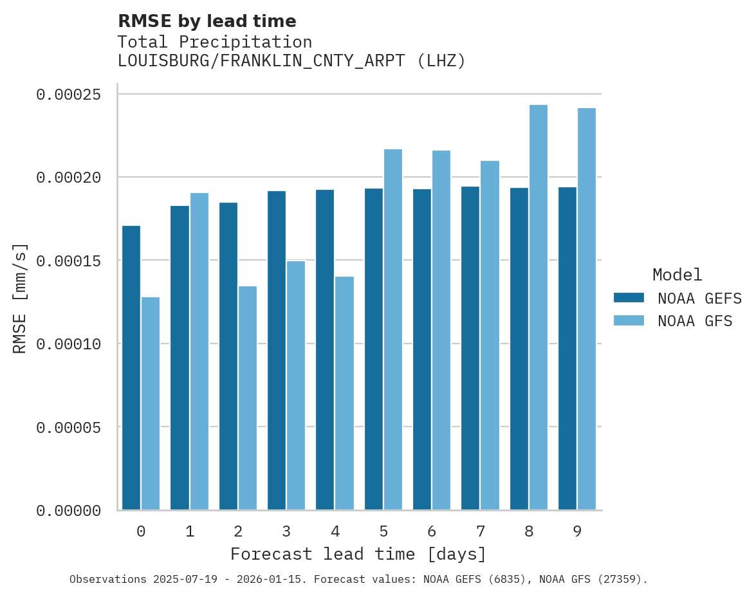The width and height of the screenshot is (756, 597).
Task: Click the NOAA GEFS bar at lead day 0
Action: point(131,368)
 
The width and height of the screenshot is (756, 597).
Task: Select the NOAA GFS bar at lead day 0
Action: point(151,403)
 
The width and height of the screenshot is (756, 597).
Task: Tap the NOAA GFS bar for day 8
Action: point(539,308)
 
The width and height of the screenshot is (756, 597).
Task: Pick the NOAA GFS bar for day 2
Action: point(248,398)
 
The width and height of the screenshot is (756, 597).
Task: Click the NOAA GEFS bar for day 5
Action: point(374,349)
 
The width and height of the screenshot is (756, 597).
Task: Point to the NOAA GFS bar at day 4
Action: point(344,393)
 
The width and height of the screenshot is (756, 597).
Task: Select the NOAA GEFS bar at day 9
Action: point(567,349)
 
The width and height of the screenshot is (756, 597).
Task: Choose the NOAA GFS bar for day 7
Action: point(490,335)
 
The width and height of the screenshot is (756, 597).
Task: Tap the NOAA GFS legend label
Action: point(695,321)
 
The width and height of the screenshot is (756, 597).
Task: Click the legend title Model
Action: point(677,275)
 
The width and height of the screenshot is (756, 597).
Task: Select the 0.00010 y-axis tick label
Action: point(69,344)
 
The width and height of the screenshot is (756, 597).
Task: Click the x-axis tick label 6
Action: point(432,532)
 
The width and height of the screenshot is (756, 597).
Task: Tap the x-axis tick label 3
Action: point(286,532)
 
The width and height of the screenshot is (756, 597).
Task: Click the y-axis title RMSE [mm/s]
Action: point(20,298)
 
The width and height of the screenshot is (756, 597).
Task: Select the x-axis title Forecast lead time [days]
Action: point(358,554)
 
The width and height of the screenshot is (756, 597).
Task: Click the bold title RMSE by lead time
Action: point(207,21)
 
